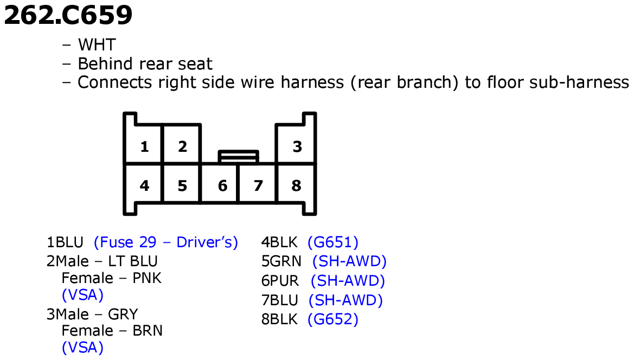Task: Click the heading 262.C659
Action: coord(68,16)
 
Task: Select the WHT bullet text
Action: coord(97,44)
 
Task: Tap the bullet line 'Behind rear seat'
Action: coord(145,64)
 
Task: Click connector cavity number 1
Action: coord(144,146)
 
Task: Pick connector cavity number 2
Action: coord(182,146)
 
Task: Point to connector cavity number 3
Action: coord(297,146)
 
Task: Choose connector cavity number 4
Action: coord(144,185)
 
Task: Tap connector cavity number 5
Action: coord(182,185)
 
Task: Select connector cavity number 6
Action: coord(222,185)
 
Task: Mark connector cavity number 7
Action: coord(258,185)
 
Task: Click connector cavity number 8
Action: coord(296,185)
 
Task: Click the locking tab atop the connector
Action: coord(238,156)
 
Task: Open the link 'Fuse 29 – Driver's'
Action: coord(166,242)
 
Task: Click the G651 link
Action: coord(333,242)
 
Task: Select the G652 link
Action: coord(333,319)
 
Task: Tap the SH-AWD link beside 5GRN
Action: coord(349,261)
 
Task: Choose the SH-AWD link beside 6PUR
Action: coord(348,281)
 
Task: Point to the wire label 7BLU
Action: coord(279,300)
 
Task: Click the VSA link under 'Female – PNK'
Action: coord(82,295)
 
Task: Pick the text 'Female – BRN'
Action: coord(112,330)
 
